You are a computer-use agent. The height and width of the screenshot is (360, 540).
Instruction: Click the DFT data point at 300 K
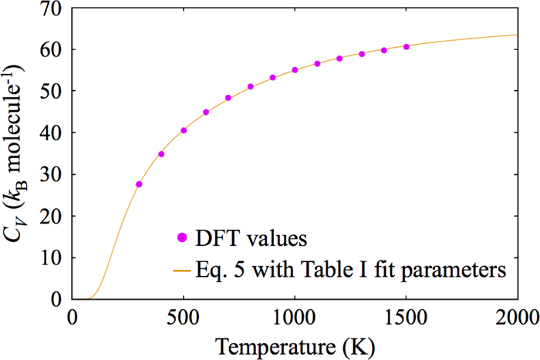pyautogui.click(x=139, y=184)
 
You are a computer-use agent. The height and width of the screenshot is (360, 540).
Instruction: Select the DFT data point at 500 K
pyautogui.click(x=184, y=130)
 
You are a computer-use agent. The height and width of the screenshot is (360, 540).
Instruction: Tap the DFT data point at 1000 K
pyautogui.click(x=295, y=70)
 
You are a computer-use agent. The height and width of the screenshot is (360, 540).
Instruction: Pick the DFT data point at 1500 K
pyautogui.click(x=407, y=47)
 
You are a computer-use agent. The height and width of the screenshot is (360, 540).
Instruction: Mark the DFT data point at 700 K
pyautogui.click(x=228, y=98)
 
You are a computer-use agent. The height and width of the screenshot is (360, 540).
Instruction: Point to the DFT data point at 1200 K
pyautogui.click(x=339, y=59)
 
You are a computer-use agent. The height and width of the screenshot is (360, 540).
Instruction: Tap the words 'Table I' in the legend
pyautogui.click(x=329, y=271)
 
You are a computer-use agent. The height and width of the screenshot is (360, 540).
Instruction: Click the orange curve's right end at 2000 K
pyautogui.click(x=516, y=35)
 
